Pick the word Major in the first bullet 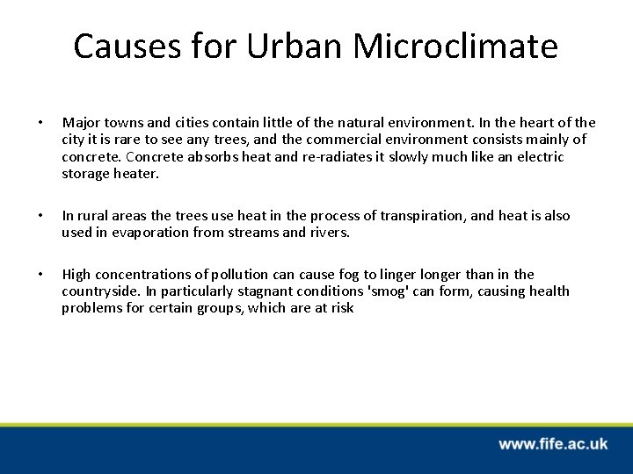coord(80,122)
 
